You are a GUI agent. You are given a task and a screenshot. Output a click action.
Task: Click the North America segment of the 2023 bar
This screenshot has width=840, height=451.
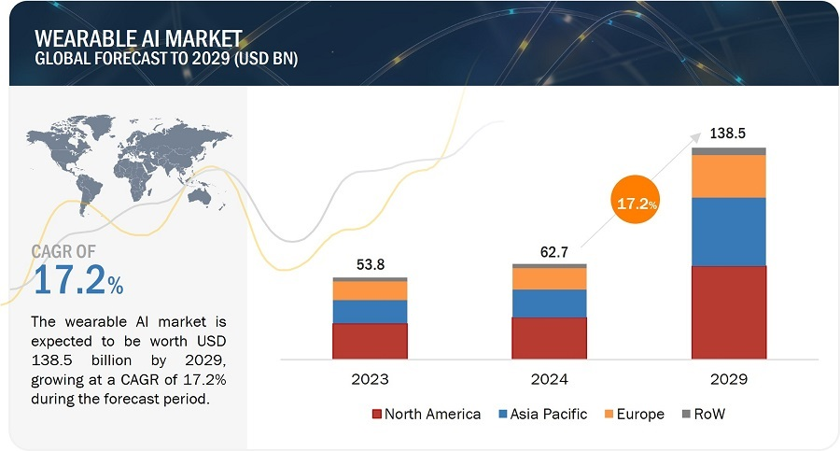click(370, 341)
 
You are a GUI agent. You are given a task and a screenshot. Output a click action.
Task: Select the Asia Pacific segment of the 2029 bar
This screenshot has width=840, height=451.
click(728, 232)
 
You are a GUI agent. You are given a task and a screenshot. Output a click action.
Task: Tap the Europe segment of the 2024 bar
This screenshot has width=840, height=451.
click(549, 279)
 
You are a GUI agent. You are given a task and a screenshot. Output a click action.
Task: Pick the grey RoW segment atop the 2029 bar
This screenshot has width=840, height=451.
click(728, 151)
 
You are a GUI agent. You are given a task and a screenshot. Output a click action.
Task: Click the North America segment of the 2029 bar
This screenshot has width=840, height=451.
click(728, 312)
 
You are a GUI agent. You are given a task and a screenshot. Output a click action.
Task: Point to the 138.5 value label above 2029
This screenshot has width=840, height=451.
click(728, 134)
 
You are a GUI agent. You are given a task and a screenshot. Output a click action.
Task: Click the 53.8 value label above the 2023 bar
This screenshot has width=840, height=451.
click(370, 264)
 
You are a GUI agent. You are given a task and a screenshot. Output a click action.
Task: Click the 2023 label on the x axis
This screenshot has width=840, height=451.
click(370, 380)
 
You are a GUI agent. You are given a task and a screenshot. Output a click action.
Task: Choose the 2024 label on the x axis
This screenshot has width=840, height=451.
click(549, 380)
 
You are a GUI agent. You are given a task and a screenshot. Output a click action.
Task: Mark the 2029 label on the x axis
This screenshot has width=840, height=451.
click(728, 380)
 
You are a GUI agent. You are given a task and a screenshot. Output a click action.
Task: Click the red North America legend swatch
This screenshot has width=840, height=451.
click(377, 414)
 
